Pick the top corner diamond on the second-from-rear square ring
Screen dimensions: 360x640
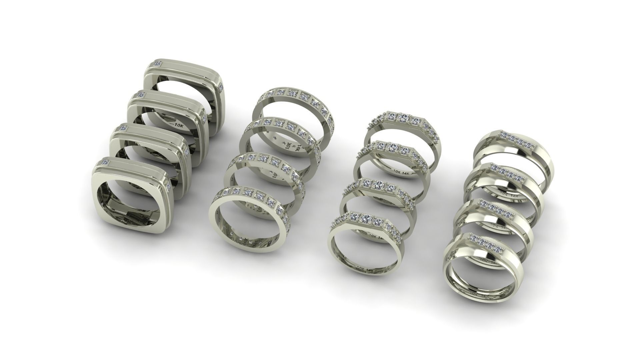click(142, 95)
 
